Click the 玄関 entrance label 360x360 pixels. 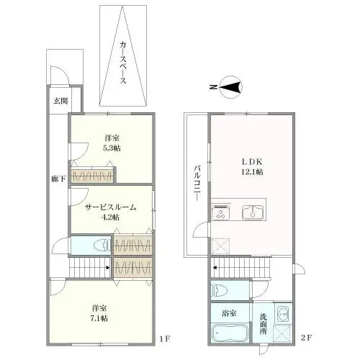[58, 100]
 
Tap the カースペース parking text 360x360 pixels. [123, 63]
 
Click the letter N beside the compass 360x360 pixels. [214, 88]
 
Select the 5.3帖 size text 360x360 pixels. [111, 147]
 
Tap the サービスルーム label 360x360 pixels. [111, 207]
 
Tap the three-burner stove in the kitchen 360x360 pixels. [220, 211]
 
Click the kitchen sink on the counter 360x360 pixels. [252, 211]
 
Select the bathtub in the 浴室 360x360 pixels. [230, 334]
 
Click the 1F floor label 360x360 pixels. [164, 338]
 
